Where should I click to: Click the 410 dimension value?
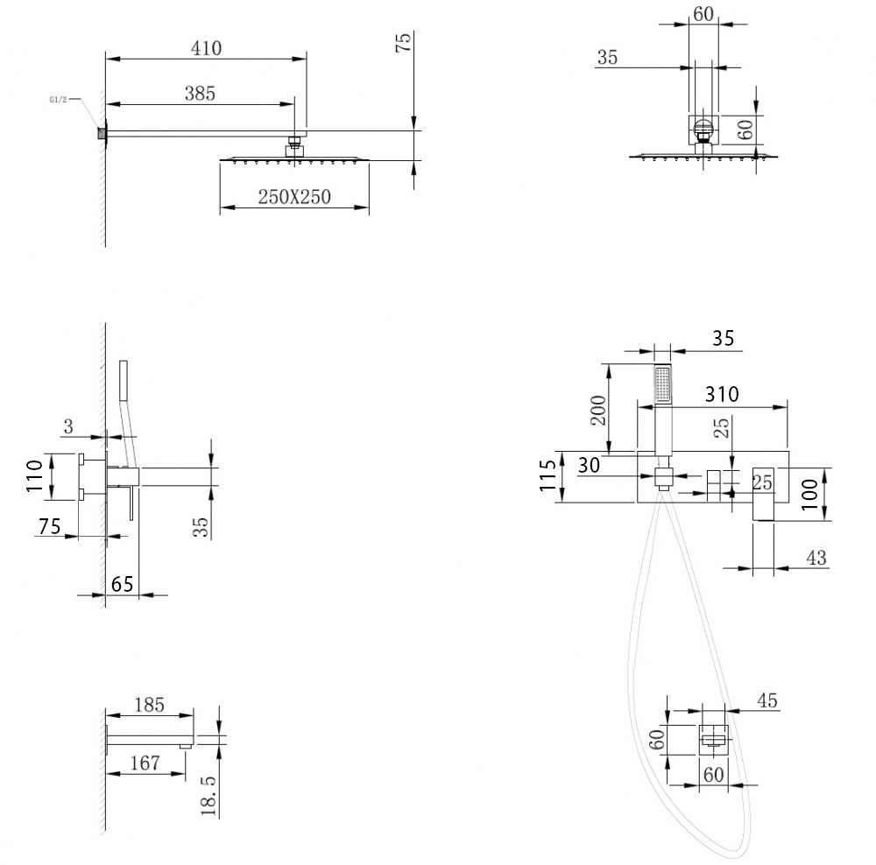[x=207, y=49]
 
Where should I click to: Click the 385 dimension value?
[x=200, y=93]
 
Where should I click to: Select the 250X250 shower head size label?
[x=294, y=197]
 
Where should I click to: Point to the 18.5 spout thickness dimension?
[x=208, y=794]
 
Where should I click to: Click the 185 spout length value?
[x=149, y=703]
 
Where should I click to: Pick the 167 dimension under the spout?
[x=144, y=763]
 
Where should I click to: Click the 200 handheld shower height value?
[x=599, y=410]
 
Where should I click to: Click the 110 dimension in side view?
[x=34, y=476]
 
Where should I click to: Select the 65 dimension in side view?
[x=123, y=583]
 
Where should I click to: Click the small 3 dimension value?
[x=67, y=426]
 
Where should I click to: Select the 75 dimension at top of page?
[x=403, y=43]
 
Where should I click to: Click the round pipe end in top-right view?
[x=703, y=132]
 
